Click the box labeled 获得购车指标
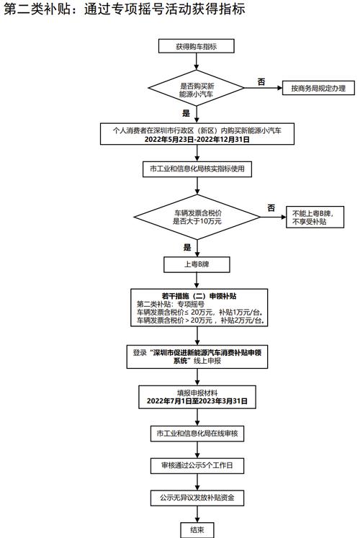click(x=196, y=46)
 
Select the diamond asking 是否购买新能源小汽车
click(x=196, y=88)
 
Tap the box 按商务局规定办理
click(x=318, y=88)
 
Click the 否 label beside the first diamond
click(x=261, y=81)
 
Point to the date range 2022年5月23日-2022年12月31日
click(x=197, y=139)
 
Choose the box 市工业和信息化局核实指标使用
click(x=197, y=169)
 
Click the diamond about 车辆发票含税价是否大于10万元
click(x=197, y=217)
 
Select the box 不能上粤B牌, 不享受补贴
click(x=315, y=218)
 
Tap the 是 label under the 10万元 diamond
click(x=187, y=247)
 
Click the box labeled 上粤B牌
click(x=197, y=264)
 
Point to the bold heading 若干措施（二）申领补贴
click(x=199, y=296)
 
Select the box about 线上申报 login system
click(x=197, y=357)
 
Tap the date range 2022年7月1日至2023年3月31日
click(x=197, y=400)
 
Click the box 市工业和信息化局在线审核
click(x=197, y=434)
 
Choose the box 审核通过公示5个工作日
click(x=197, y=465)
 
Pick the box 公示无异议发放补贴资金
click(x=197, y=498)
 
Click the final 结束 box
click(x=197, y=530)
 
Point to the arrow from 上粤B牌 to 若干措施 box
click(x=197, y=281)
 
